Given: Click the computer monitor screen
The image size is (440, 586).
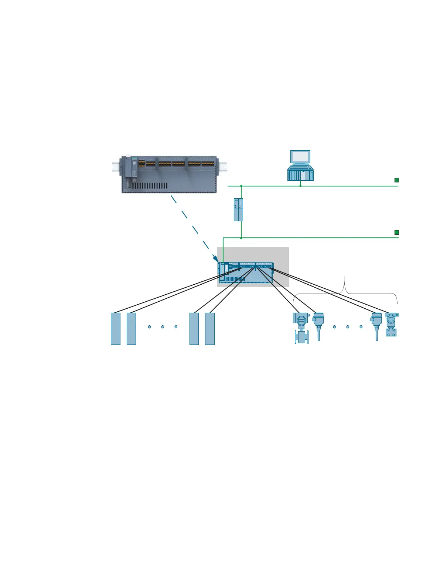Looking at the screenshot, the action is pyautogui.click(x=300, y=157).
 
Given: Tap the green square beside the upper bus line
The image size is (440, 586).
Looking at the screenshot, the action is pyautogui.click(x=397, y=180).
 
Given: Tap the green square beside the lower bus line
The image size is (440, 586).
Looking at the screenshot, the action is pyautogui.click(x=397, y=232).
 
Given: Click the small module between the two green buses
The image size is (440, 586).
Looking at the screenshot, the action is pyautogui.click(x=238, y=210).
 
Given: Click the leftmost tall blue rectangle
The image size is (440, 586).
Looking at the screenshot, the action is pyautogui.click(x=116, y=329).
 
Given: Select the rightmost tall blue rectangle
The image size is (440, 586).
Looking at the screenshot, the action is pyautogui.click(x=210, y=329).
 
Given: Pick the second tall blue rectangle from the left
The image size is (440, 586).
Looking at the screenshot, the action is pyautogui.click(x=131, y=329).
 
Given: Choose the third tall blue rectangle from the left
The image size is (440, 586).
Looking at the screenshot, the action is pyautogui.click(x=194, y=329).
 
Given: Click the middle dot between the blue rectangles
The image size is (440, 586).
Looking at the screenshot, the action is pyautogui.click(x=163, y=327).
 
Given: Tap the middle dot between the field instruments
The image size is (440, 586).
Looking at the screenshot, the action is pyautogui.click(x=348, y=327).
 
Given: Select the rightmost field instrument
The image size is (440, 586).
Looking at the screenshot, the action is pyautogui.click(x=391, y=325).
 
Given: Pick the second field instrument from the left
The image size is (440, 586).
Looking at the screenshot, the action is pyautogui.click(x=318, y=325).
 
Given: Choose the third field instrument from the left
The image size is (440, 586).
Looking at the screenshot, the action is pyautogui.click(x=376, y=325).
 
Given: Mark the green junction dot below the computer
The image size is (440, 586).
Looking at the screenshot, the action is pyautogui.click(x=300, y=186).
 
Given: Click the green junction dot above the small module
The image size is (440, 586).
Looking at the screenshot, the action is pyautogui.click(x=241, y=186).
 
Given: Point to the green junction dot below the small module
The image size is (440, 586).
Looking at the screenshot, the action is pyautogui.click(x=241, y=237).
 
